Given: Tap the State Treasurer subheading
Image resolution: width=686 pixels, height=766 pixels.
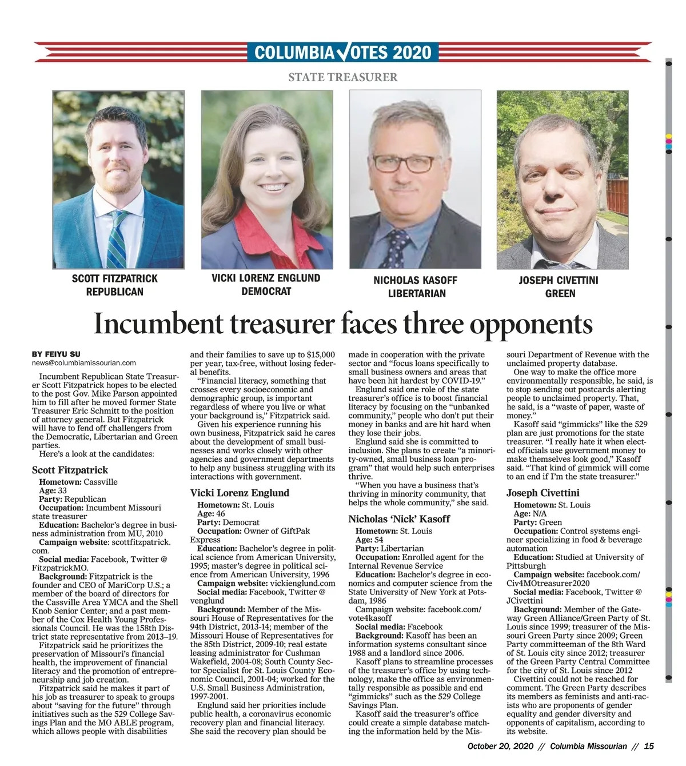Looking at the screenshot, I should pyautogui.click(x=342, y=77).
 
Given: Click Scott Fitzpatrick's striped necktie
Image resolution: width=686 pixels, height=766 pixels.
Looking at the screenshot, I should pyautogui.click(x=117, y=240).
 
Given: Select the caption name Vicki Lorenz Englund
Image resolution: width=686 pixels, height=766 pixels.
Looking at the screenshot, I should pyautogui.click(x=266, y=278).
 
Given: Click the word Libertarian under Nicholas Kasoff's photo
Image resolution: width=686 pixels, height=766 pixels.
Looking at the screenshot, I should pyautogui.click(x=417, y=293).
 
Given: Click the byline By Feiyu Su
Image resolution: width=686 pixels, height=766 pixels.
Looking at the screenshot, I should pyautogui.click(x=55, y=354).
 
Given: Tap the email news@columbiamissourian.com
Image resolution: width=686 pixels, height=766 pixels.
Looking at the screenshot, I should pyautogui.click(x=83, y=362).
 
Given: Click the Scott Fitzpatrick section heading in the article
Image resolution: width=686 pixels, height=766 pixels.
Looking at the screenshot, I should pyautogui.click(x=70, y=470).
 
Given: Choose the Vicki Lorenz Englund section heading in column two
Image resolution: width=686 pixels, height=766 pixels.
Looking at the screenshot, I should pyautogui.click(x=240, y=493).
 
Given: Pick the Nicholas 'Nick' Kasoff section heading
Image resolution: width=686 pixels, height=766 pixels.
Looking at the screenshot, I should pyautogui.click(x=399, y=519).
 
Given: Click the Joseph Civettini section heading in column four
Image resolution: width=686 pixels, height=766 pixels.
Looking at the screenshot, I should pyautogui.click(x=543, y=493).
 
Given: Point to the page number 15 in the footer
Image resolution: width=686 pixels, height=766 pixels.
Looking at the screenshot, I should pyautogui.click(x=648, y=746).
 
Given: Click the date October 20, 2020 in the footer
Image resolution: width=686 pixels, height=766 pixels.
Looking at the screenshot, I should pyautogui.click(x=500, y=746).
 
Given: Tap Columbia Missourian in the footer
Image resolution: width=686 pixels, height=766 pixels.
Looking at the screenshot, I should pyautogui.click(x=589, y=746).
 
